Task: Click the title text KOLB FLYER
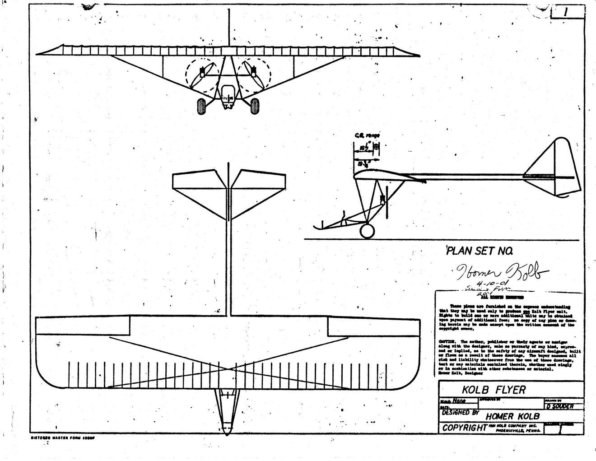[494, 389]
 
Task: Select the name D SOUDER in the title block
[559, 406]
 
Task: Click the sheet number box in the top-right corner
[565, 11]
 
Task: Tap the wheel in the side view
[367, 231]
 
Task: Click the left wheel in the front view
[202, 106]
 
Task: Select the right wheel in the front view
[255, 106]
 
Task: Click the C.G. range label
[367, 135]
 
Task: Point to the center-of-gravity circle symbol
[377, 147]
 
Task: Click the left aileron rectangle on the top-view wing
[82, 325]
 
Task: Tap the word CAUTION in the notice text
[447, 341]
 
